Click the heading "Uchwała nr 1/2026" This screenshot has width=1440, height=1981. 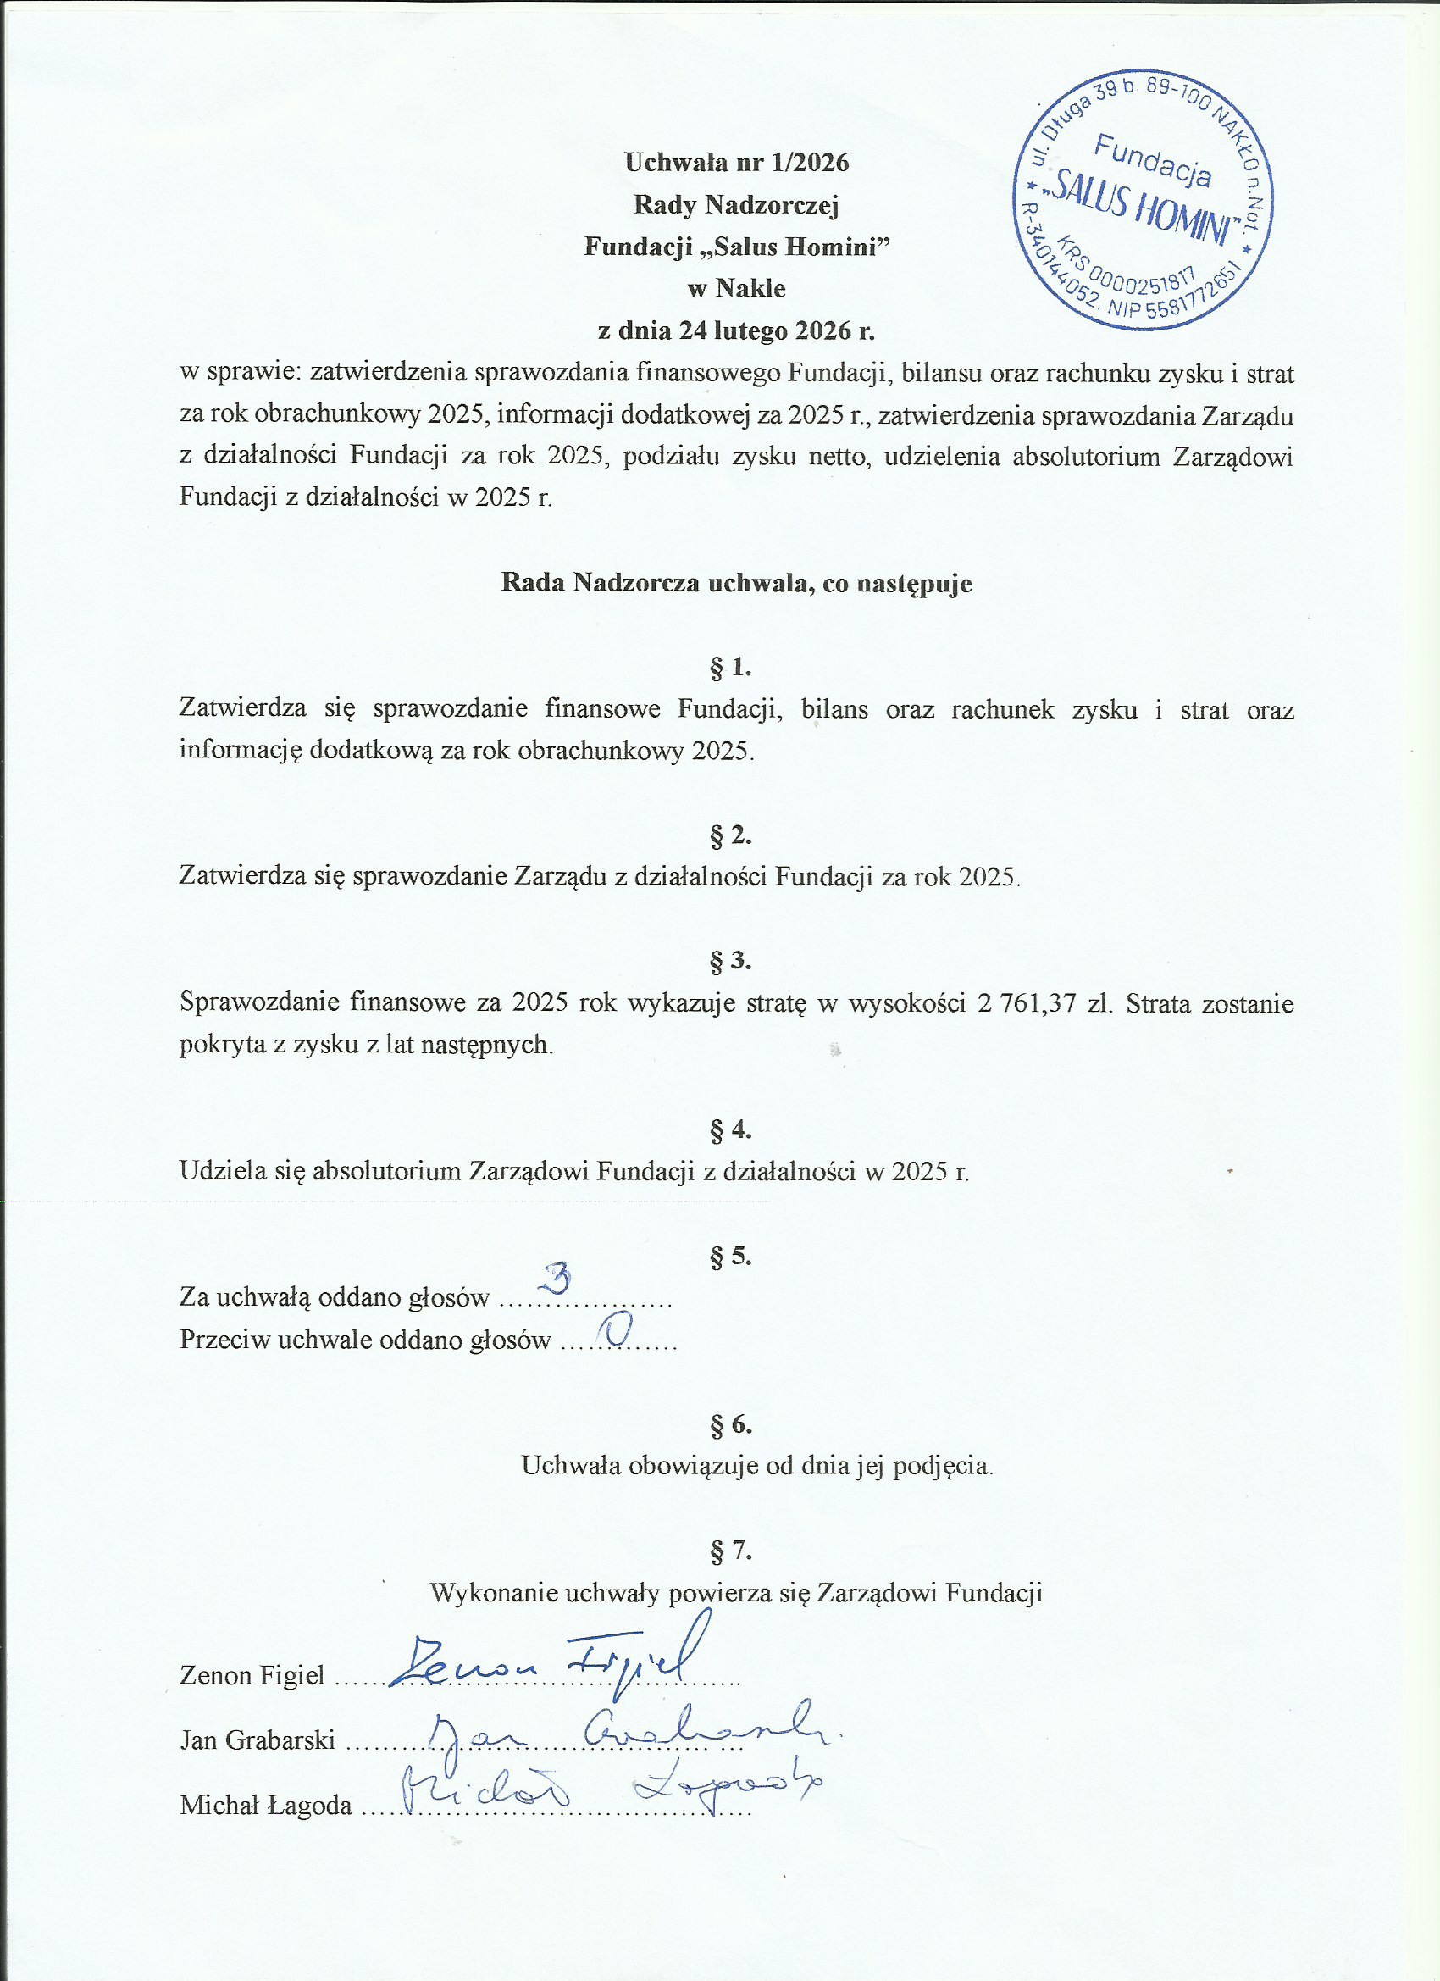[736, 163]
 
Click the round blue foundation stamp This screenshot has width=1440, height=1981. [1142, 199]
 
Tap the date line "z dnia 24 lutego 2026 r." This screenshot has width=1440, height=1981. [736, 331]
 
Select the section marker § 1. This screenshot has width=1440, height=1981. [730, 669]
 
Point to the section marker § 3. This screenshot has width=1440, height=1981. [730, 961]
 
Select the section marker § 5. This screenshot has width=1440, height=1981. [730, 1257]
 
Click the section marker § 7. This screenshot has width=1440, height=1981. [730, 1551]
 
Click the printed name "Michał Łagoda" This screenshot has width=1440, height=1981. [265, 1806]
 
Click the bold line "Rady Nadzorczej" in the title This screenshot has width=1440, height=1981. [736, 205]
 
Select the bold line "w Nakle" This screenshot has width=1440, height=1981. [736, 289]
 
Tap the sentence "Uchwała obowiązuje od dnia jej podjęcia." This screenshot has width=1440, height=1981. [757, 1466]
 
